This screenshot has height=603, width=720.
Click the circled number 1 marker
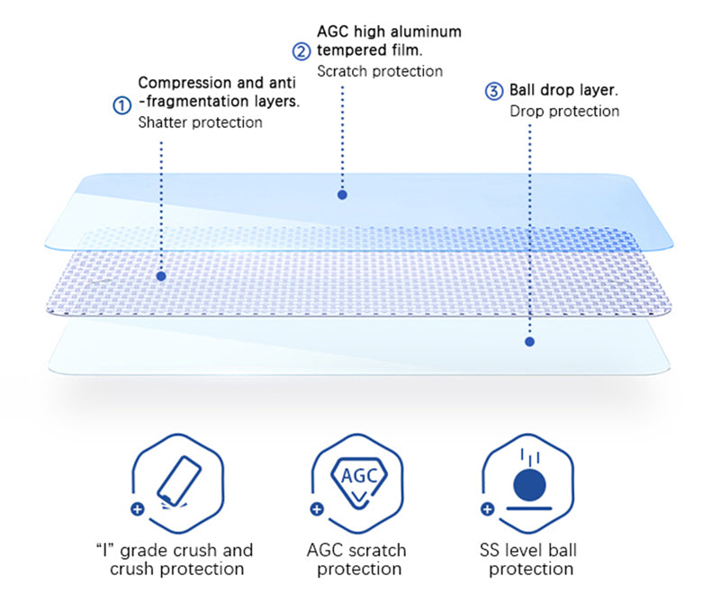(x=121, y=105)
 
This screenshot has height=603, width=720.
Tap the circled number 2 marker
(x=303, y=50)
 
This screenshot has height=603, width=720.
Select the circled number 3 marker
(x=494, y=91)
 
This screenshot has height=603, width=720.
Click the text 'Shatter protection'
(x=200, y=122)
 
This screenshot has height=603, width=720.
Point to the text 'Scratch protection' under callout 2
(x=380, y=71)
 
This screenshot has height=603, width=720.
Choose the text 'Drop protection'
(x=564, y=112)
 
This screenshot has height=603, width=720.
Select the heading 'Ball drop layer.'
(x=564, y=91)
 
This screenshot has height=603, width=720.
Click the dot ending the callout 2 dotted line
(x=342, y=193)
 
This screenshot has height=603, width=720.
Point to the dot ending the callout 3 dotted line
(x=529, y=342)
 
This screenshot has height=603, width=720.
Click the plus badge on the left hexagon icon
(x=137, y=508)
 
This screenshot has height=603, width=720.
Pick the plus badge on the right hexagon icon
(x=488, y=508)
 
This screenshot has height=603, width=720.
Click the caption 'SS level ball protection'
(x=531, y=559)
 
